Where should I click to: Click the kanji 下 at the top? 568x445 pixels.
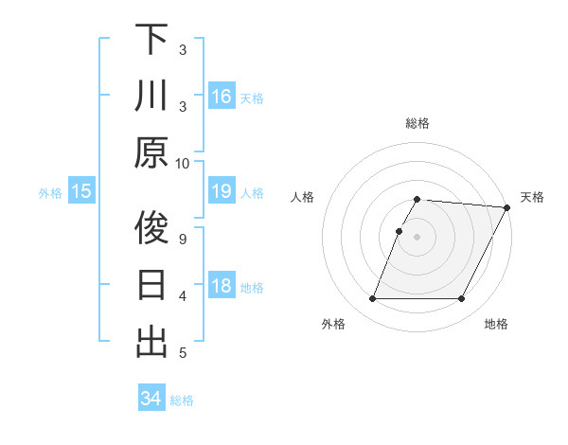[151, 39]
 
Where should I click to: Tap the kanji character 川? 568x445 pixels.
[151, 96]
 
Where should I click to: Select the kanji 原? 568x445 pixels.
[151, 151]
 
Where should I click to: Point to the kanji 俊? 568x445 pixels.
[151, 228]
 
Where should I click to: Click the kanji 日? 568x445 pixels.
[151, 285]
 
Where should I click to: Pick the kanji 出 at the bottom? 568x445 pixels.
[151, 342]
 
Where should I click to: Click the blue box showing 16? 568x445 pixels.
[222, 97]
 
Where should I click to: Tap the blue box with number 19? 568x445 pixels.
[222, 192]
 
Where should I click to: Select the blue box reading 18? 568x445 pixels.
[222, 287]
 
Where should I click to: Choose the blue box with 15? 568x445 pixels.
[81, 192]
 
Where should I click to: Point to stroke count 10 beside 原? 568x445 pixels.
[183, 163]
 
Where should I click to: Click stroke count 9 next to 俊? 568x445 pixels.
[183, 238]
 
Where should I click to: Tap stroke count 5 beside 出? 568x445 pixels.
[183, 353]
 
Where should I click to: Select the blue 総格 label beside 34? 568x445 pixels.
[183, 400]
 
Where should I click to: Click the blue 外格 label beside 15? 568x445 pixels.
[50, 193]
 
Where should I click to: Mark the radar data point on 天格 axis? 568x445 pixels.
[507, 207]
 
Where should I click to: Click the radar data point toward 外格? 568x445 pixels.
[372, 299]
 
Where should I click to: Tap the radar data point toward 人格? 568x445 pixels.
[399, 231]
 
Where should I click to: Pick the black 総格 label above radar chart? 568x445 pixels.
[417, 123]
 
